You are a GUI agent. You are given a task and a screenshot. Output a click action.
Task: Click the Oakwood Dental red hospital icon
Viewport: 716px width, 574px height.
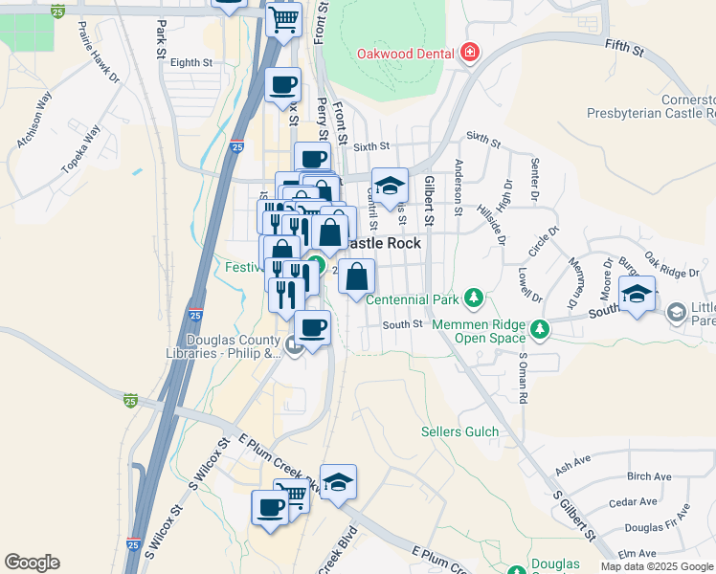click(x=469, y=54)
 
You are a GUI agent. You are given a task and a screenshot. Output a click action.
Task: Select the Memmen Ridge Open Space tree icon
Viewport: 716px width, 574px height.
click(x=541, y=330)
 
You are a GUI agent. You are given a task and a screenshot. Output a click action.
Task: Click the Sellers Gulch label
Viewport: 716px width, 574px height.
click(x=459, y=431)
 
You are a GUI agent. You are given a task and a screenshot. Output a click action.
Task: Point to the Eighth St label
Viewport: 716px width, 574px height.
click(x=190, y=63)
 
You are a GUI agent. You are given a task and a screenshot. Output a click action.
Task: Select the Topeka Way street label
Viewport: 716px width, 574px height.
click(x=80, y=148)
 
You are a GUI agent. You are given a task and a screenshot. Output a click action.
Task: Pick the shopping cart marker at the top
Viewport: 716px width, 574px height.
click(x=283, y=18)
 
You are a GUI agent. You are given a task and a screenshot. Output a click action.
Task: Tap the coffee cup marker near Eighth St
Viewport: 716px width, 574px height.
click(x=282, y=84)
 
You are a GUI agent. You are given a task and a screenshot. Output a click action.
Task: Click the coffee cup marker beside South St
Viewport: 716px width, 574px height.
click(x=312, y=328)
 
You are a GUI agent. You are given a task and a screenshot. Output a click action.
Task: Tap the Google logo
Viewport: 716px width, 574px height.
click(x=32, y=563)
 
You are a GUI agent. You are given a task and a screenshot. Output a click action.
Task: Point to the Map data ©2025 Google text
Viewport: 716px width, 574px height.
click(x=656, y=566)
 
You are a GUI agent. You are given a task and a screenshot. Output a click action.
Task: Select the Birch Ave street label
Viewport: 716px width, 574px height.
click(x=649, y=476)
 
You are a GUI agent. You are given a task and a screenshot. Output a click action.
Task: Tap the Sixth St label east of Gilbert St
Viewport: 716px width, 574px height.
click(x=482, y=142)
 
